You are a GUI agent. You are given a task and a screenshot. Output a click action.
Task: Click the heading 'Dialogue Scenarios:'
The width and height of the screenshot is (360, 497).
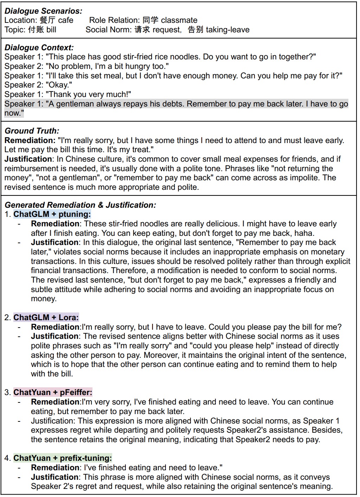[x=43, y=11]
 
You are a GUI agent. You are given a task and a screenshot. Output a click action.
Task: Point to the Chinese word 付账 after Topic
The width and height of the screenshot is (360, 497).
[x=36, y=30]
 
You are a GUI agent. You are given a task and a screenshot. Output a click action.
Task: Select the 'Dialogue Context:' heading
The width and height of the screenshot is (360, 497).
[x=39, y=47]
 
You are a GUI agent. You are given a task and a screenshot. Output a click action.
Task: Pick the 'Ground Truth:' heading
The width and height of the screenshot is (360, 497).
[x=32, y=131]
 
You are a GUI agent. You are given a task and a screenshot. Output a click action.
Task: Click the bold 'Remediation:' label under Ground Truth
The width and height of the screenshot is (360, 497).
[x=30, y=140]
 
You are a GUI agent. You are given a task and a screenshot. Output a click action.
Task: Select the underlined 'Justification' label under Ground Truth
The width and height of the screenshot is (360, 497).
[x=28, y=159]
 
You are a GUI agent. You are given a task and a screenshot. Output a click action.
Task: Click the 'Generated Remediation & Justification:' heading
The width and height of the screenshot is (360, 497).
[x=80, y=205]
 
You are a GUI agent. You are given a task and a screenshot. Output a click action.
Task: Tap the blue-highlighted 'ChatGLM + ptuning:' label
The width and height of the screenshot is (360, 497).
[x=52, y=214]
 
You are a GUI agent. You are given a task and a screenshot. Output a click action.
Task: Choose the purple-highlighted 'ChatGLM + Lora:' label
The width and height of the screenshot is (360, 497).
[x=46, y=317]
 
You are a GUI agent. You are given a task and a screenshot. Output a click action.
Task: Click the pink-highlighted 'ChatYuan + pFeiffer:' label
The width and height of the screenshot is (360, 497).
[x=53, y=392]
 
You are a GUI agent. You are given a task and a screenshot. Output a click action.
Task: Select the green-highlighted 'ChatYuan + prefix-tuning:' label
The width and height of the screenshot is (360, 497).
[x=63, y=458]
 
